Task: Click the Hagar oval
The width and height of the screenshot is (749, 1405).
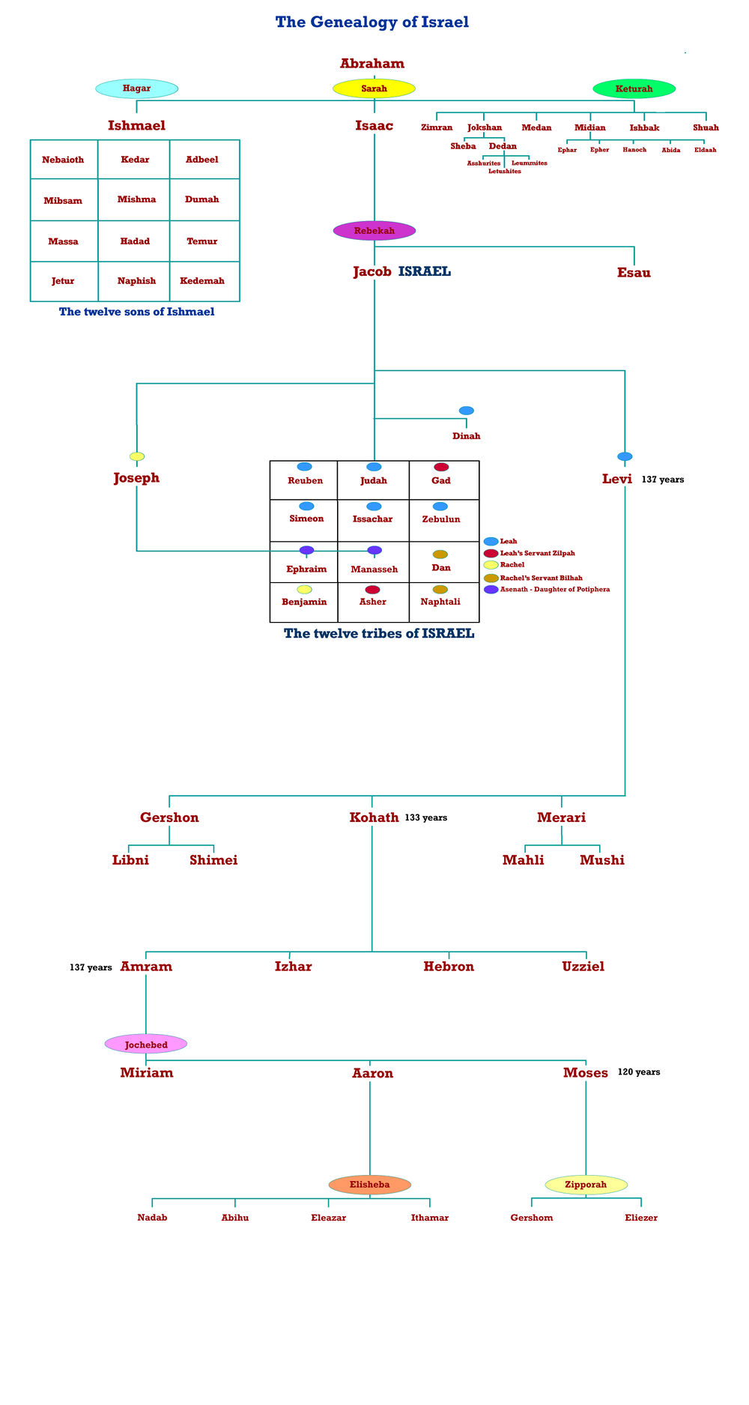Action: pyautogui.click(x=137, y=88)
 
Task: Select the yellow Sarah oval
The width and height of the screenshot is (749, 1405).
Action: pyautogui.click(x=374, y=88)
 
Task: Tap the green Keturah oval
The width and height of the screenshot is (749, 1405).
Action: pyautogui.click(x=634, y=88)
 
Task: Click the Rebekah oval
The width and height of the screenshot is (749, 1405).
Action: pyautogui.click(x=374, y=231)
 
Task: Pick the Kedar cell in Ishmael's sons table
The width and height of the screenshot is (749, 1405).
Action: pyautogui.click(x=135, y=160)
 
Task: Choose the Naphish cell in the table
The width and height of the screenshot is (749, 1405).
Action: pyautogui.click(x=136, y=281)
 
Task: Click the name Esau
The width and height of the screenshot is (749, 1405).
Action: pyautogui.click(x=634, y=273)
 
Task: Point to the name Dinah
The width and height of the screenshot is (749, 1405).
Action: pyautogui.click(x=466, y=436)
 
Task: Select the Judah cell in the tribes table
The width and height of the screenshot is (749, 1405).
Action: pyautogui.click(x=373, y=480)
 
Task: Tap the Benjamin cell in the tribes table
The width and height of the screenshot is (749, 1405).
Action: pyautogui.click(x=304, y=602)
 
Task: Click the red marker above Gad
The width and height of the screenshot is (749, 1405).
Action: pyautogui.click(x=441, y=467)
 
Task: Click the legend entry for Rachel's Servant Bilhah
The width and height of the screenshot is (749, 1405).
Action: pyautogui.click(x=541, y=578)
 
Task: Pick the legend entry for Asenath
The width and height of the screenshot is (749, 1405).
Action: pyautogui.click(x=554, y=590)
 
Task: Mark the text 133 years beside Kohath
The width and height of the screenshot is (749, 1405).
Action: pyautogui.click(x=425, y=818)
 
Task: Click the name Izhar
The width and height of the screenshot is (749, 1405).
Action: pyautogui.click(x=293, y=967)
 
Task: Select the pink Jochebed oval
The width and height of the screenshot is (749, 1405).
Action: pyautogui.click(x=146, y=1044)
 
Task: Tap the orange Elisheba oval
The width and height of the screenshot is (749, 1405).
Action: pyautogui.click(x=369, y=1185)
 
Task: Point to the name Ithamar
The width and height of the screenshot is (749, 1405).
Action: pyautogui.click(x=430, y=1218)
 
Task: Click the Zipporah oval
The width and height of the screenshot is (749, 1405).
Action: pyautogui.click(x=586, y=1185)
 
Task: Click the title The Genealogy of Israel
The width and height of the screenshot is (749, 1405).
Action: pyautogui.click(x=372, y=22)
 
